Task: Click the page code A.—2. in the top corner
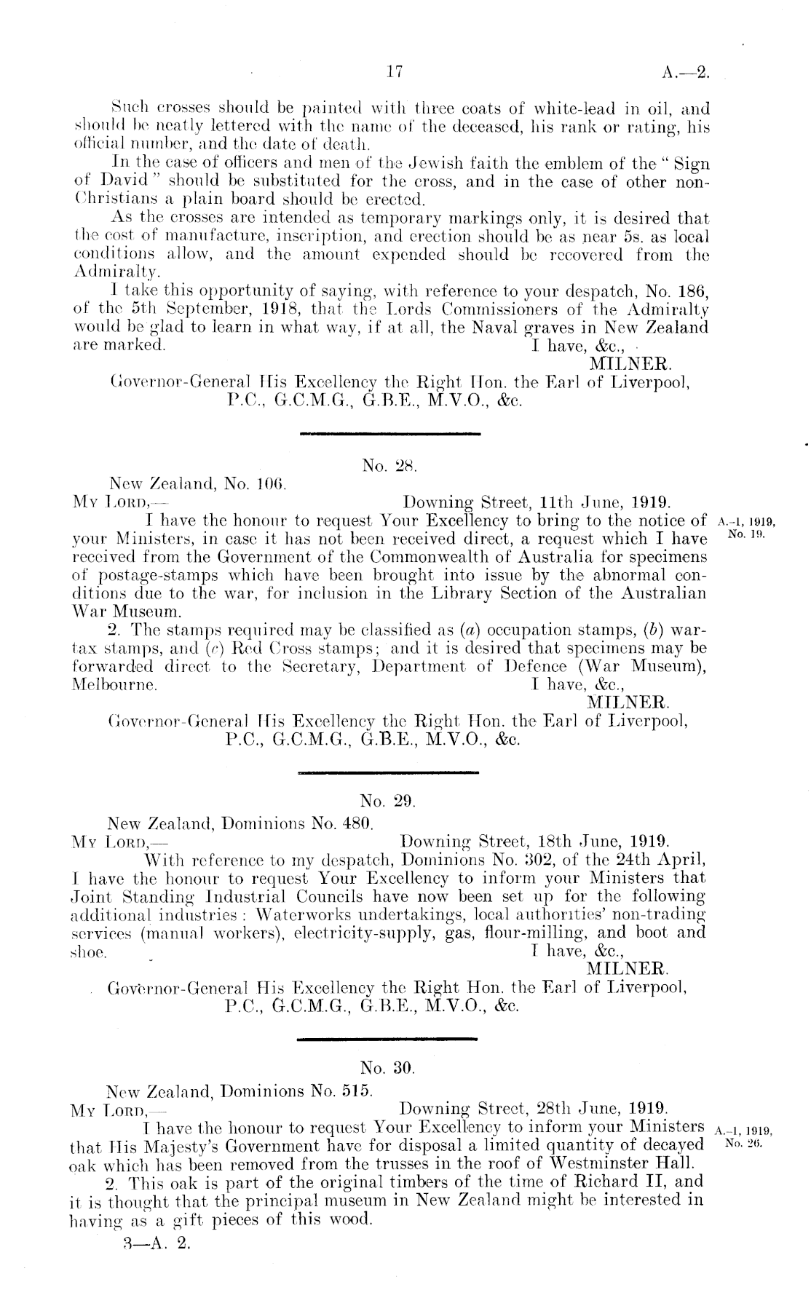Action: pos(684,71)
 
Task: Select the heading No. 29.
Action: pos(388,803)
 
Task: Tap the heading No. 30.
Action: pos(387,1069)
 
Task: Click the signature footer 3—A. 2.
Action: pos(157,1243)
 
